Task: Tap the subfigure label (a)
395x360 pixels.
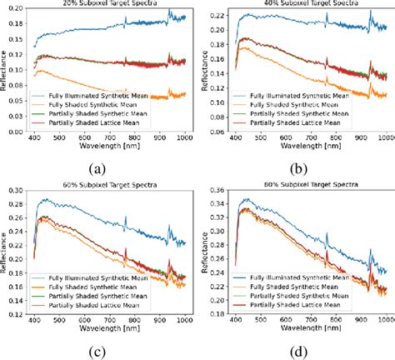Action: pos(99,168)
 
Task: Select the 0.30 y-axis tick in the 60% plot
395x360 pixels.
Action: pos(16,192)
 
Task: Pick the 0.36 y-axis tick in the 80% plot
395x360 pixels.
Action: pos(215,192)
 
